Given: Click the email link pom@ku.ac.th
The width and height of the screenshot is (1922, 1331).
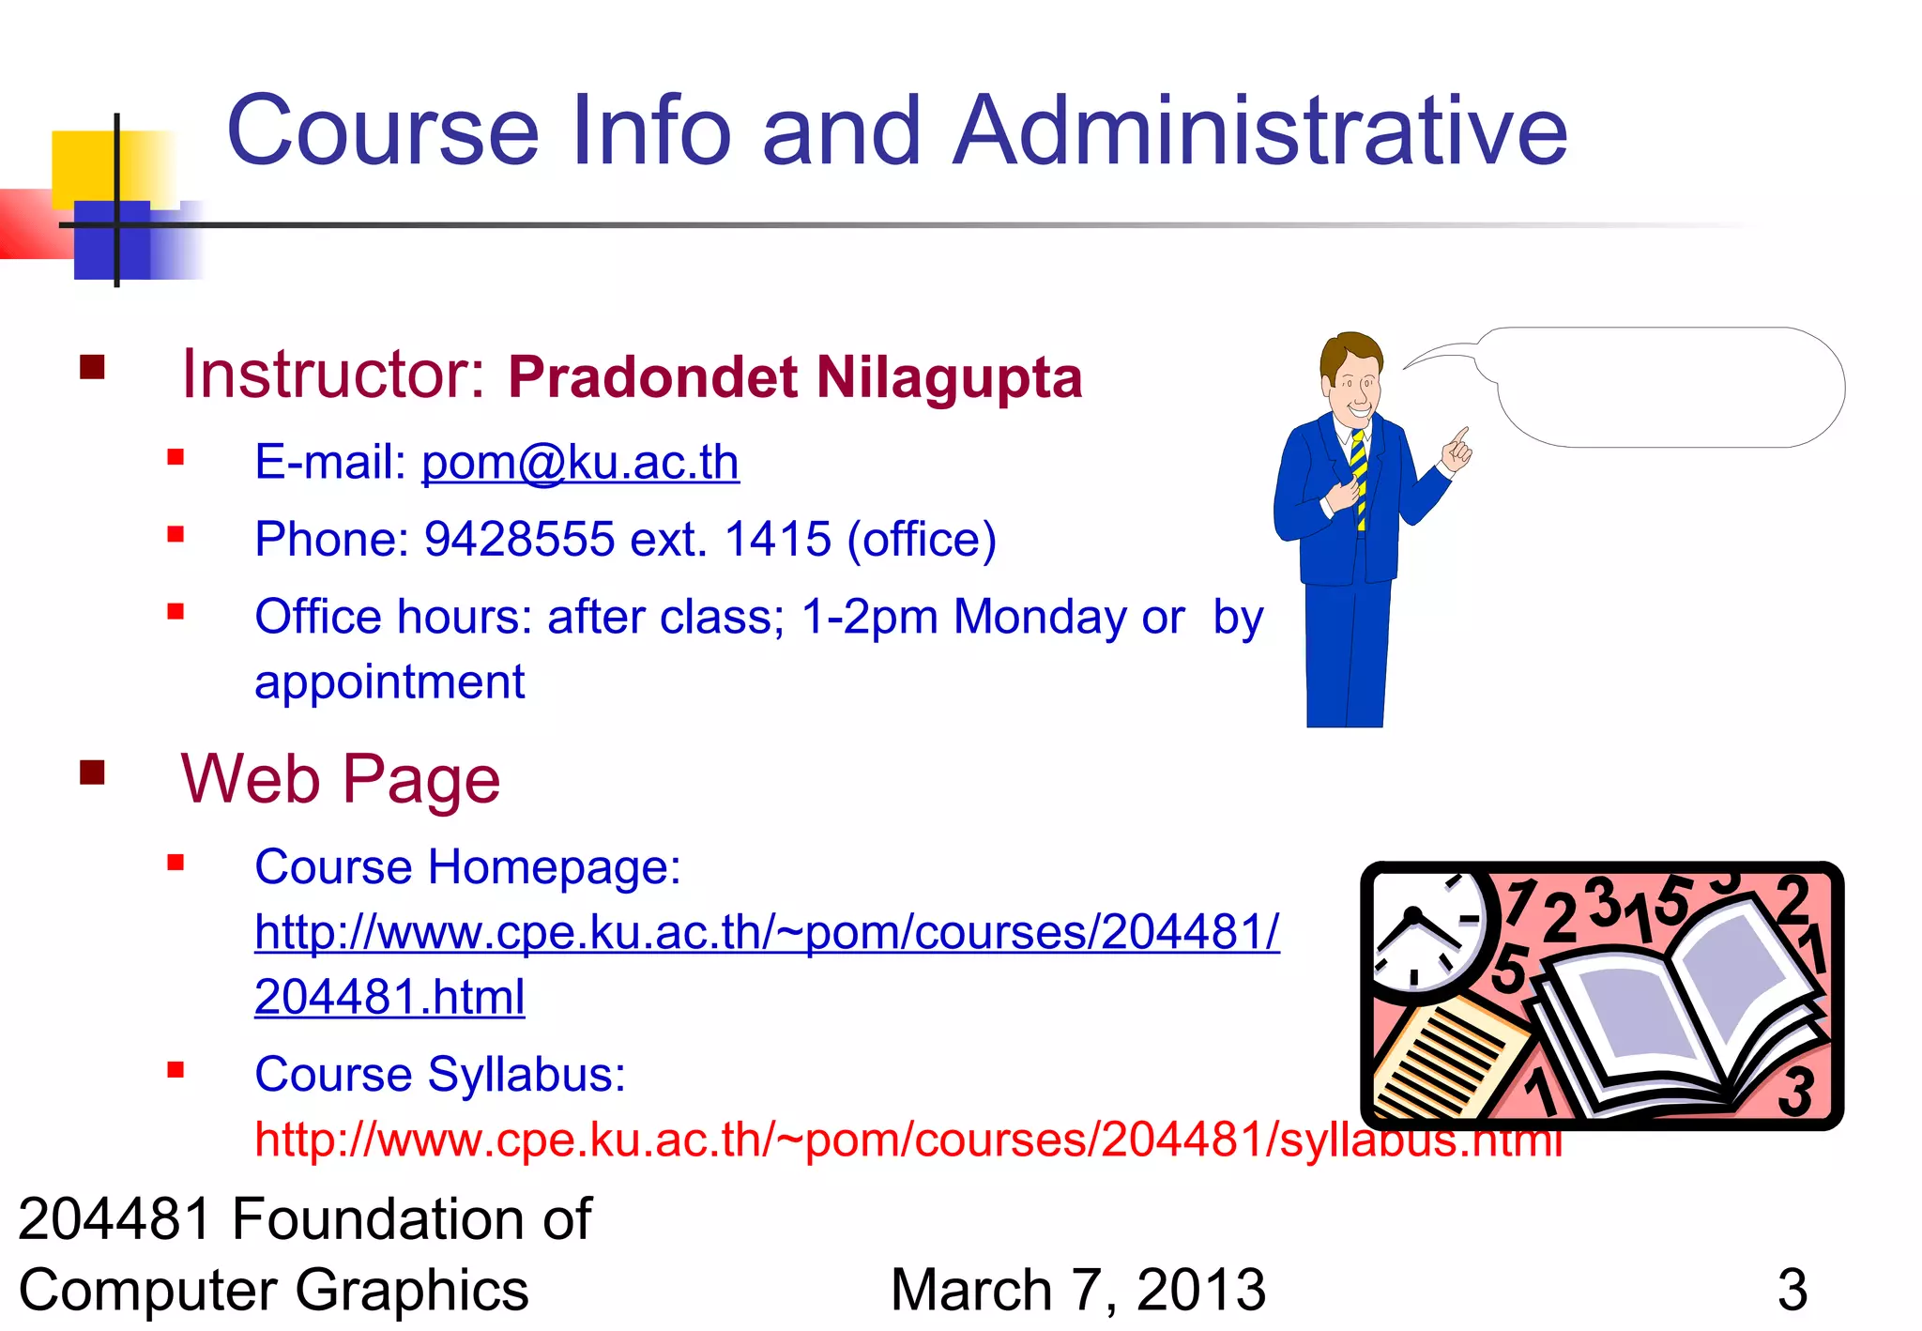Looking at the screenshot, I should pyautogui.click(x=580, y=463).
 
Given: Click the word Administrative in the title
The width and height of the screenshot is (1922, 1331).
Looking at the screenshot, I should pyautogui.click(x=1259, y=131).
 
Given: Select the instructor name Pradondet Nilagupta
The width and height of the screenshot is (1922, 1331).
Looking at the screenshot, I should pyautogui.click(x=795, y=377).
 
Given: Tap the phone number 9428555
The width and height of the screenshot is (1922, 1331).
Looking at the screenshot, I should pyautogui.click(x=519, y=540).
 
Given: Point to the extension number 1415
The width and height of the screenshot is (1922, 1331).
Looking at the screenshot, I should pyautogui.click(x=778, y=540).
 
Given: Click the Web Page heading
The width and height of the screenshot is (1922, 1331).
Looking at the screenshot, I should pyautogui.click(x=340, y=779).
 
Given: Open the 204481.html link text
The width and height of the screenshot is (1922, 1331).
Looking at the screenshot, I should pyautogui.click(x=389, y=997).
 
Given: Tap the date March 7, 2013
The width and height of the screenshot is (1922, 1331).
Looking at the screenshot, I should pyautogui.click(x=1077, y=1290).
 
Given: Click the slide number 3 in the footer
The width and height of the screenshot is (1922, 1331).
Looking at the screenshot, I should pyautogui.click(x=1792, y=1290).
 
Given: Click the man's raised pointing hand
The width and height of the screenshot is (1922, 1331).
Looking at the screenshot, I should pyautogui.click(x=1457, y=449).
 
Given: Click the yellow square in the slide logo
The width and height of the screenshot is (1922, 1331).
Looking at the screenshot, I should pyautogui.click(x=89, y=167).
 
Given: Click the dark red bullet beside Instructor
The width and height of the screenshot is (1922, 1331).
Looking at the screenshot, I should pyautogui.click(x=92, y=367).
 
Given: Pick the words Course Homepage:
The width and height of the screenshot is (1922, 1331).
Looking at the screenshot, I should pyautogui.click(x=467, y=866).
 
